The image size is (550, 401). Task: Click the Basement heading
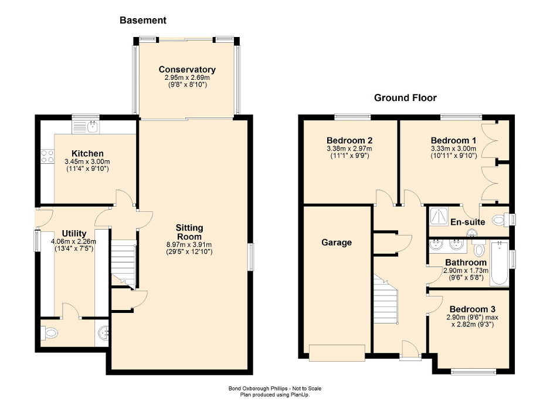142,21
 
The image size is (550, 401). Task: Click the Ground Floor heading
405,98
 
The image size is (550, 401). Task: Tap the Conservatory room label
187,70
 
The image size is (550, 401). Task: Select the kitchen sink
91,126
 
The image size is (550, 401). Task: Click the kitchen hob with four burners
47,157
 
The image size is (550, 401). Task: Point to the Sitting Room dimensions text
189,248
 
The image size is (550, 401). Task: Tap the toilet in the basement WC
50,333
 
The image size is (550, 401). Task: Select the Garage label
336,242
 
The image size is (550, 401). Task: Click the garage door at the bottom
337,353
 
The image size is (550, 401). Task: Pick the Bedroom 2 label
349,141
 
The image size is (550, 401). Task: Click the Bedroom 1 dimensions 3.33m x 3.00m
453,149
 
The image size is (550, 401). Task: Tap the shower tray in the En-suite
438,217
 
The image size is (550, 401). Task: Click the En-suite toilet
499,220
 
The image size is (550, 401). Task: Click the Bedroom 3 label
468,309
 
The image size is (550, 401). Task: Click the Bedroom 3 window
473,371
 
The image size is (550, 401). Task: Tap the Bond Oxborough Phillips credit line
274,388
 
